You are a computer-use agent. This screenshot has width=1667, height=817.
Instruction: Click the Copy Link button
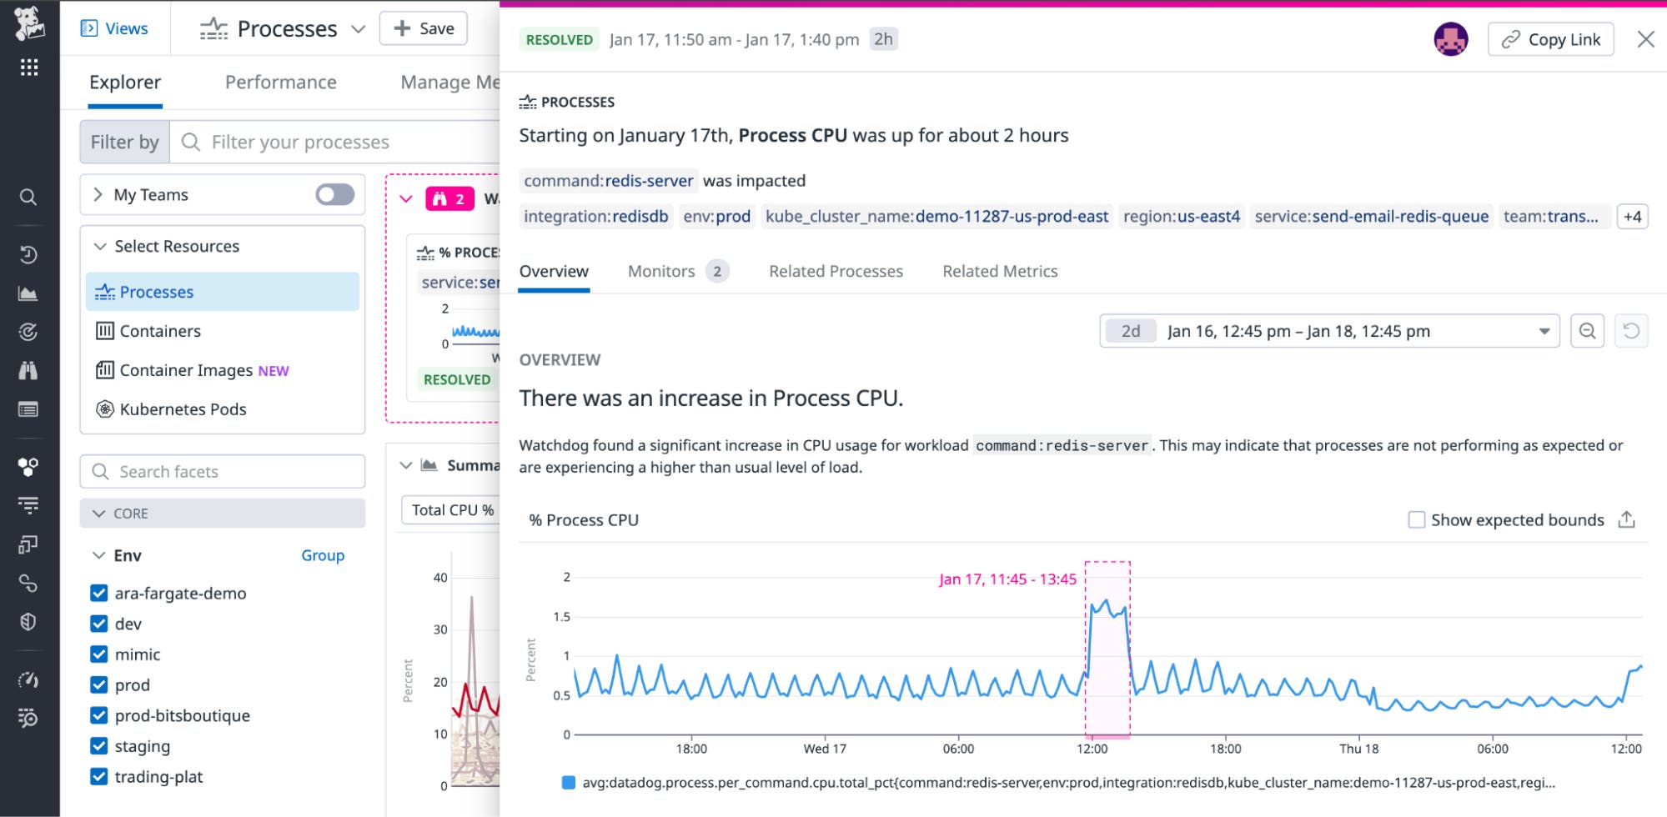(x=1550, y=39)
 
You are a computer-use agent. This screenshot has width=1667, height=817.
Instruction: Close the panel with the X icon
(x=1645, y=39)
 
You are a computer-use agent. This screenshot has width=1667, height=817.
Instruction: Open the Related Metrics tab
(x=1000, y=271)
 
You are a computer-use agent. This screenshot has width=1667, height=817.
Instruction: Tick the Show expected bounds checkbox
(x=1416, y=520)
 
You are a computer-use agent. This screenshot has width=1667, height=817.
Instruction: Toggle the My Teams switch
(x=334, y=194)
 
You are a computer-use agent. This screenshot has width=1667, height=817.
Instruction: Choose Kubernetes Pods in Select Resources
(x=183, y=409)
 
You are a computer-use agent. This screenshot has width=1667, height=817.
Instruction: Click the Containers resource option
(x=160, y=331)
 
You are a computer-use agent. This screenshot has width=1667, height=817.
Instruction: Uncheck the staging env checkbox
(x=99, y=746)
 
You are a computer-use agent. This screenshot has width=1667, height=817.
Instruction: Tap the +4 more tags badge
(x=1632, y=217)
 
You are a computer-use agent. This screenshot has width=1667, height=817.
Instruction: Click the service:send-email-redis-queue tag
(x=1371, y=217)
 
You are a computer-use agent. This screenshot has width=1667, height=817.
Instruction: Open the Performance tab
(x=281, y=83)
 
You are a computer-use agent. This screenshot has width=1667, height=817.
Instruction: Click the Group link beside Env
(x=323, y=555)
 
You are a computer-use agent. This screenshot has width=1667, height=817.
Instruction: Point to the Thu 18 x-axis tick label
(x=1358, y=749)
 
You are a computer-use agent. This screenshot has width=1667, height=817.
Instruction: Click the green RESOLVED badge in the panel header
(x=559, y=39)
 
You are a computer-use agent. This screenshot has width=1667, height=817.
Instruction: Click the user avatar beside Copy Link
(x=1450, y=39)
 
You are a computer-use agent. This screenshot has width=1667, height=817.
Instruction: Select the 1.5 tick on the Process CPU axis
(x=562, y=617)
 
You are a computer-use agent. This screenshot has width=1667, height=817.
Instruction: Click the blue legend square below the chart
(x=569, y=783)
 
